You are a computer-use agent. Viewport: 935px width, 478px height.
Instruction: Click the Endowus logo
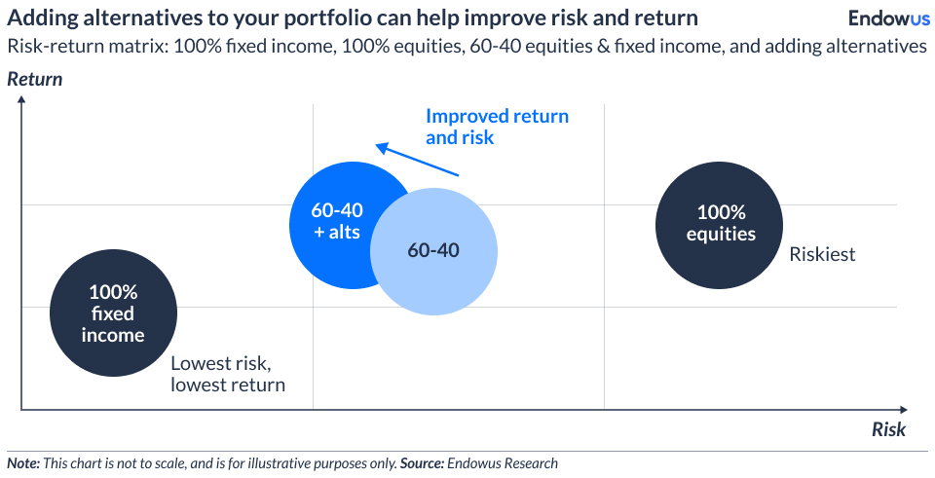[x=888, y=18]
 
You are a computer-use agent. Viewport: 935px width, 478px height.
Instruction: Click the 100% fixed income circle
[x=113, y=313]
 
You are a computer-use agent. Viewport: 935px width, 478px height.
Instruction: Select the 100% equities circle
[x=721, y=223]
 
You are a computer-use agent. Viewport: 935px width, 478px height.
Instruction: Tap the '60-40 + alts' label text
[x=336, y=221]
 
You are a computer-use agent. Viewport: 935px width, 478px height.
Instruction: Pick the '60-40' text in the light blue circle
[x=433, y=250]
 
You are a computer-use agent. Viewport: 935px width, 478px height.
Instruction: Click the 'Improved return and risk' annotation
[x=497, y=127]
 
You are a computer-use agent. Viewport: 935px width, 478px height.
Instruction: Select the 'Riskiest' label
[x=822, y=254]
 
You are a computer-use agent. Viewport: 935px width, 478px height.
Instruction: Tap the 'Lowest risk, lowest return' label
[x=228, y=374]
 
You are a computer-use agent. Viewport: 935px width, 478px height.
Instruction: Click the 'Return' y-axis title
[x=35, y=80]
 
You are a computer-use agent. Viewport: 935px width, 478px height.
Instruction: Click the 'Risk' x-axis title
[x=888, y=429]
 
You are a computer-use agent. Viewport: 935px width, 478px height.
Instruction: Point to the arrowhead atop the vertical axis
[x=21, y=104]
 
